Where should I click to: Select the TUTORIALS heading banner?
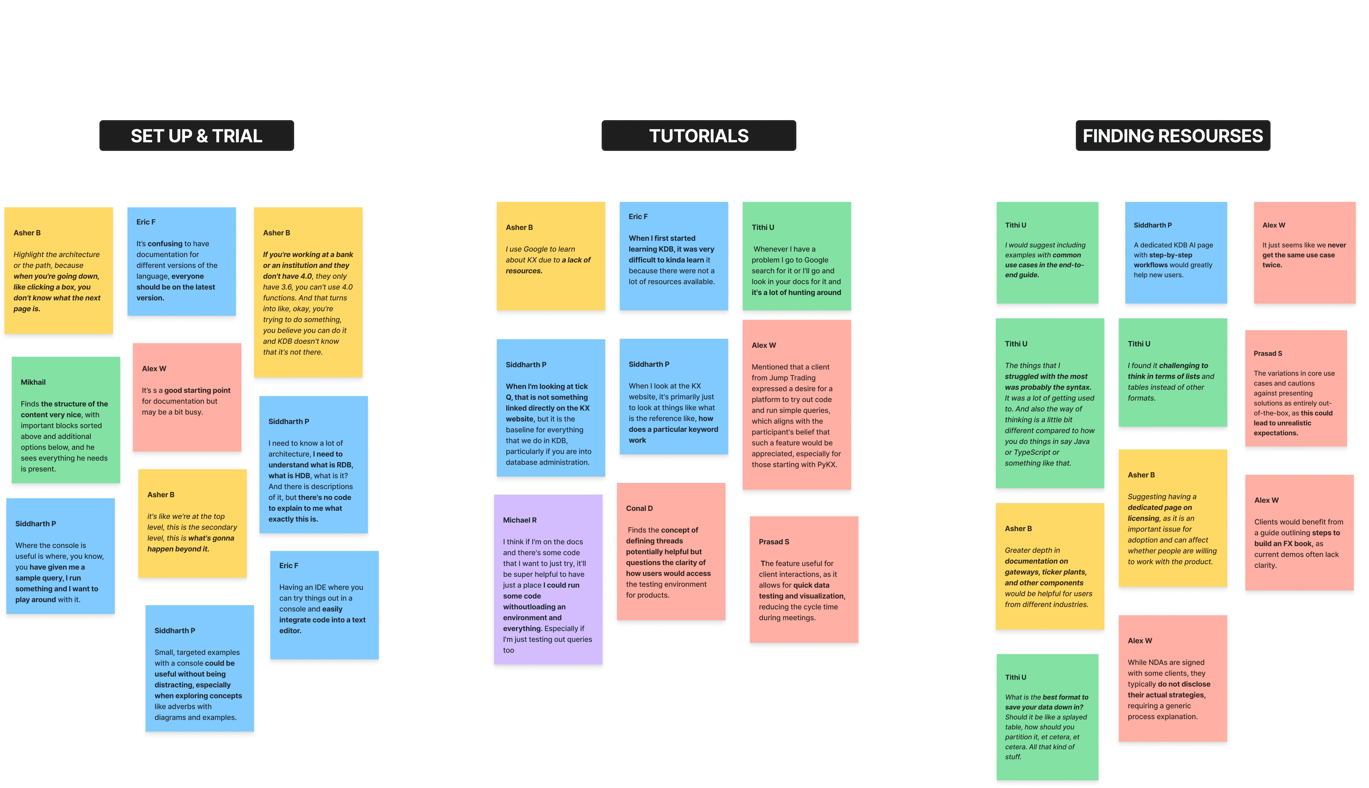699,136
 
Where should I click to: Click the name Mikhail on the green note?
33,382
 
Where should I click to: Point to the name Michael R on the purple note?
519,520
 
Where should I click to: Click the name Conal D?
639,508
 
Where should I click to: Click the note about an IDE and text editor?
324,605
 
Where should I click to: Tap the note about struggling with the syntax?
1049,403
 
